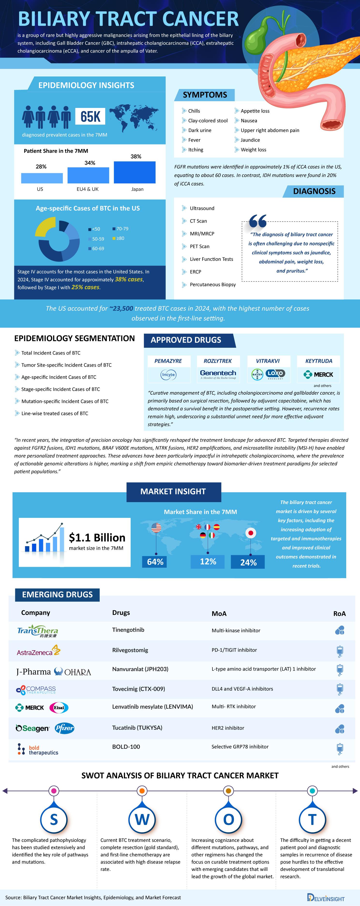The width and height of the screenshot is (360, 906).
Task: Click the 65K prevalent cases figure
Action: coord(90,116)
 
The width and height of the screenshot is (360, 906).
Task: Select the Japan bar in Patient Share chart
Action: coord(135,172)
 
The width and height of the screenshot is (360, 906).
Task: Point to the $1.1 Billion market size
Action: coord(97,538)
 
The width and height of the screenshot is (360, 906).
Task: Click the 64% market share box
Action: coord(155,562)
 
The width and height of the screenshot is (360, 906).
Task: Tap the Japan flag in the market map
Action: coord(251,533)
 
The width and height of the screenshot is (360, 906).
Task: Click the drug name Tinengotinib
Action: coord(128,630)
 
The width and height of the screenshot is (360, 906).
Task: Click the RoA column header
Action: coord(339,614)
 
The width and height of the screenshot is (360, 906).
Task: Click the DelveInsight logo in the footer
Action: coord(326,898)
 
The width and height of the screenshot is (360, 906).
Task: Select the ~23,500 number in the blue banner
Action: coord(121,309)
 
